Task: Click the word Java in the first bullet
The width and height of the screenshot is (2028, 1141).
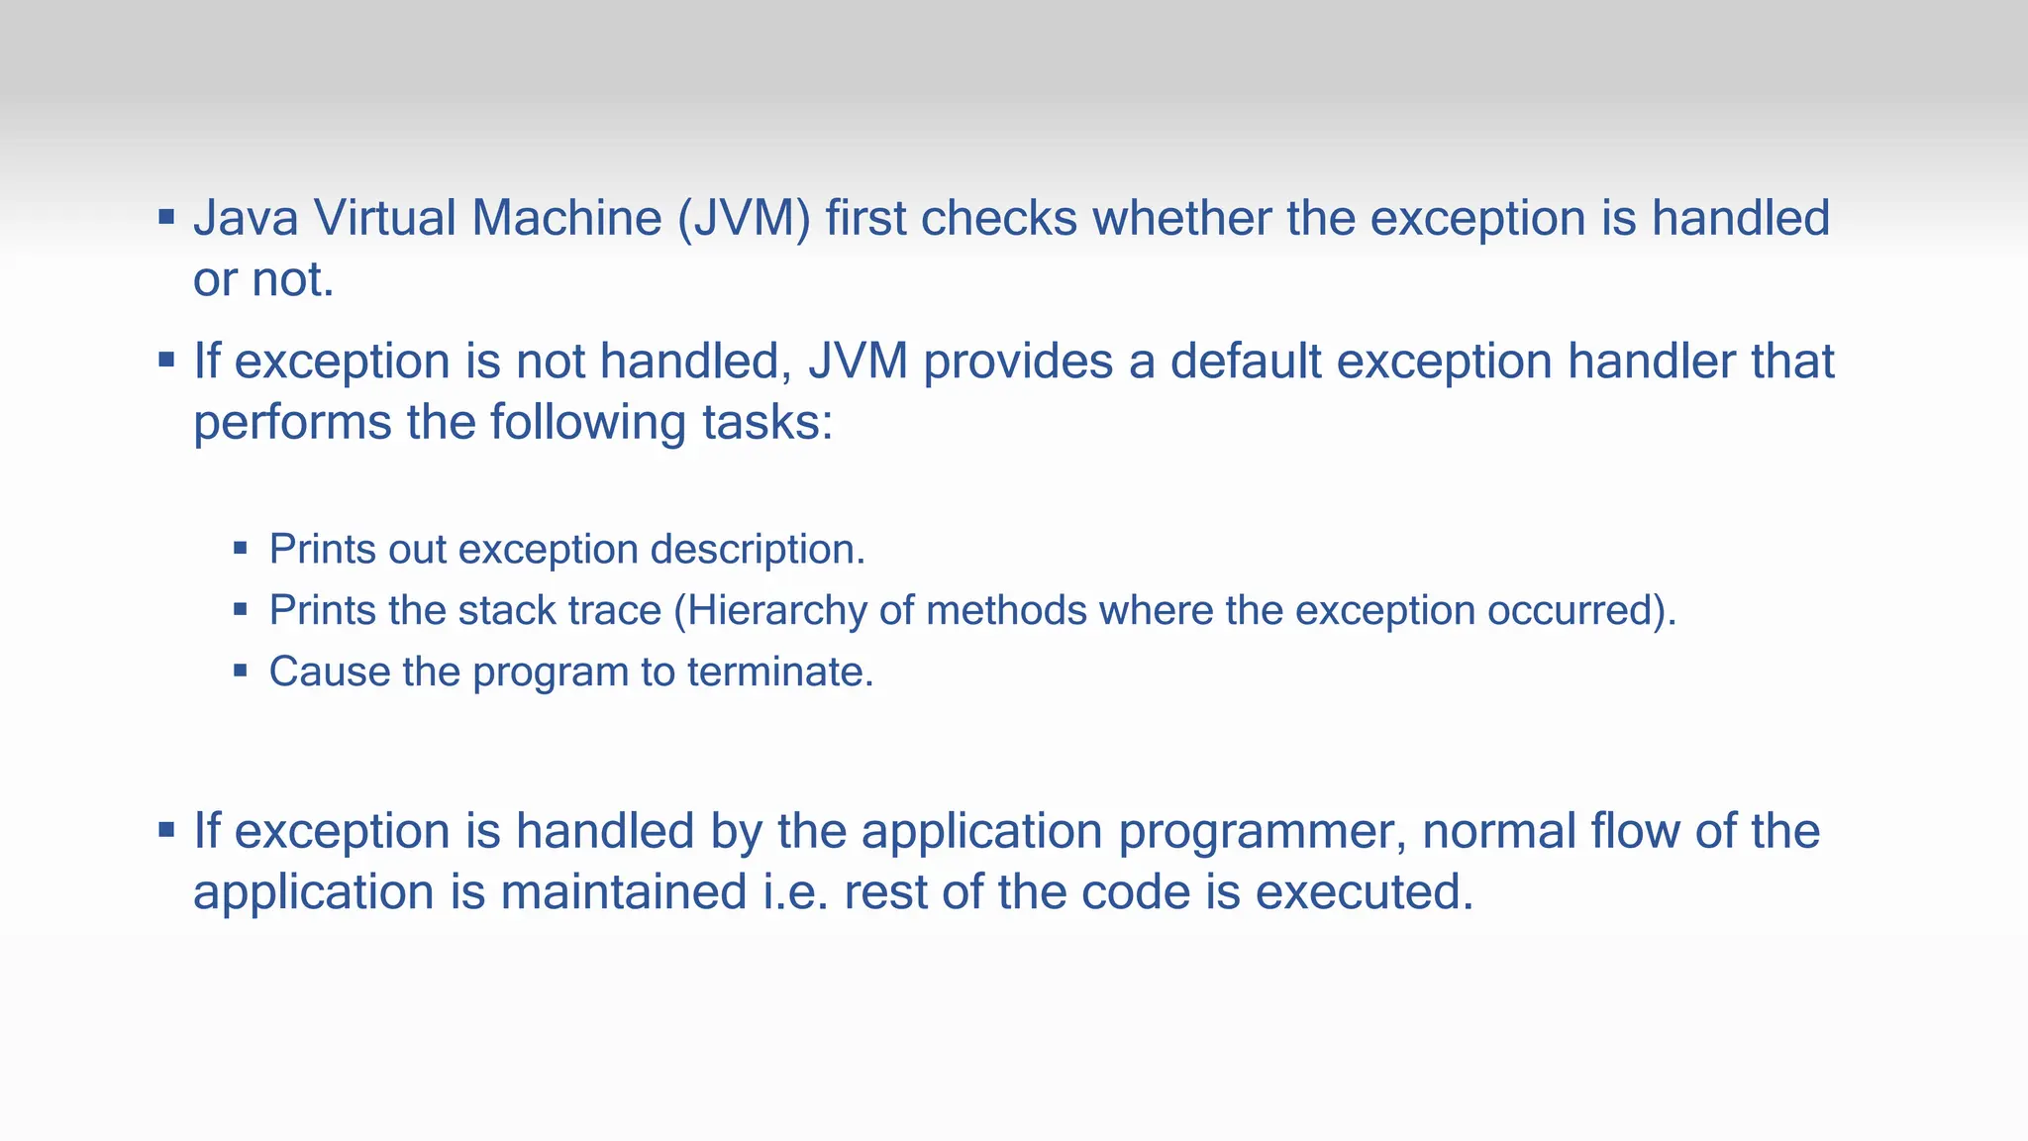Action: tap(246, 218)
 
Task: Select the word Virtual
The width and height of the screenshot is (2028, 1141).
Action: tap(384, 218)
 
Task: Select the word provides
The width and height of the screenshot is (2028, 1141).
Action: tap(1018, 363)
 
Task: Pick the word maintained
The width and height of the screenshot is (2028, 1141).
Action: tap(623, 891)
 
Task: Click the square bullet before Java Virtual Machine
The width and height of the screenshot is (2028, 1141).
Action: tap(166, 216)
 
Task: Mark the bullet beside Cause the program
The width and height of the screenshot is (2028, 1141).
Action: tap(240, 670)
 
